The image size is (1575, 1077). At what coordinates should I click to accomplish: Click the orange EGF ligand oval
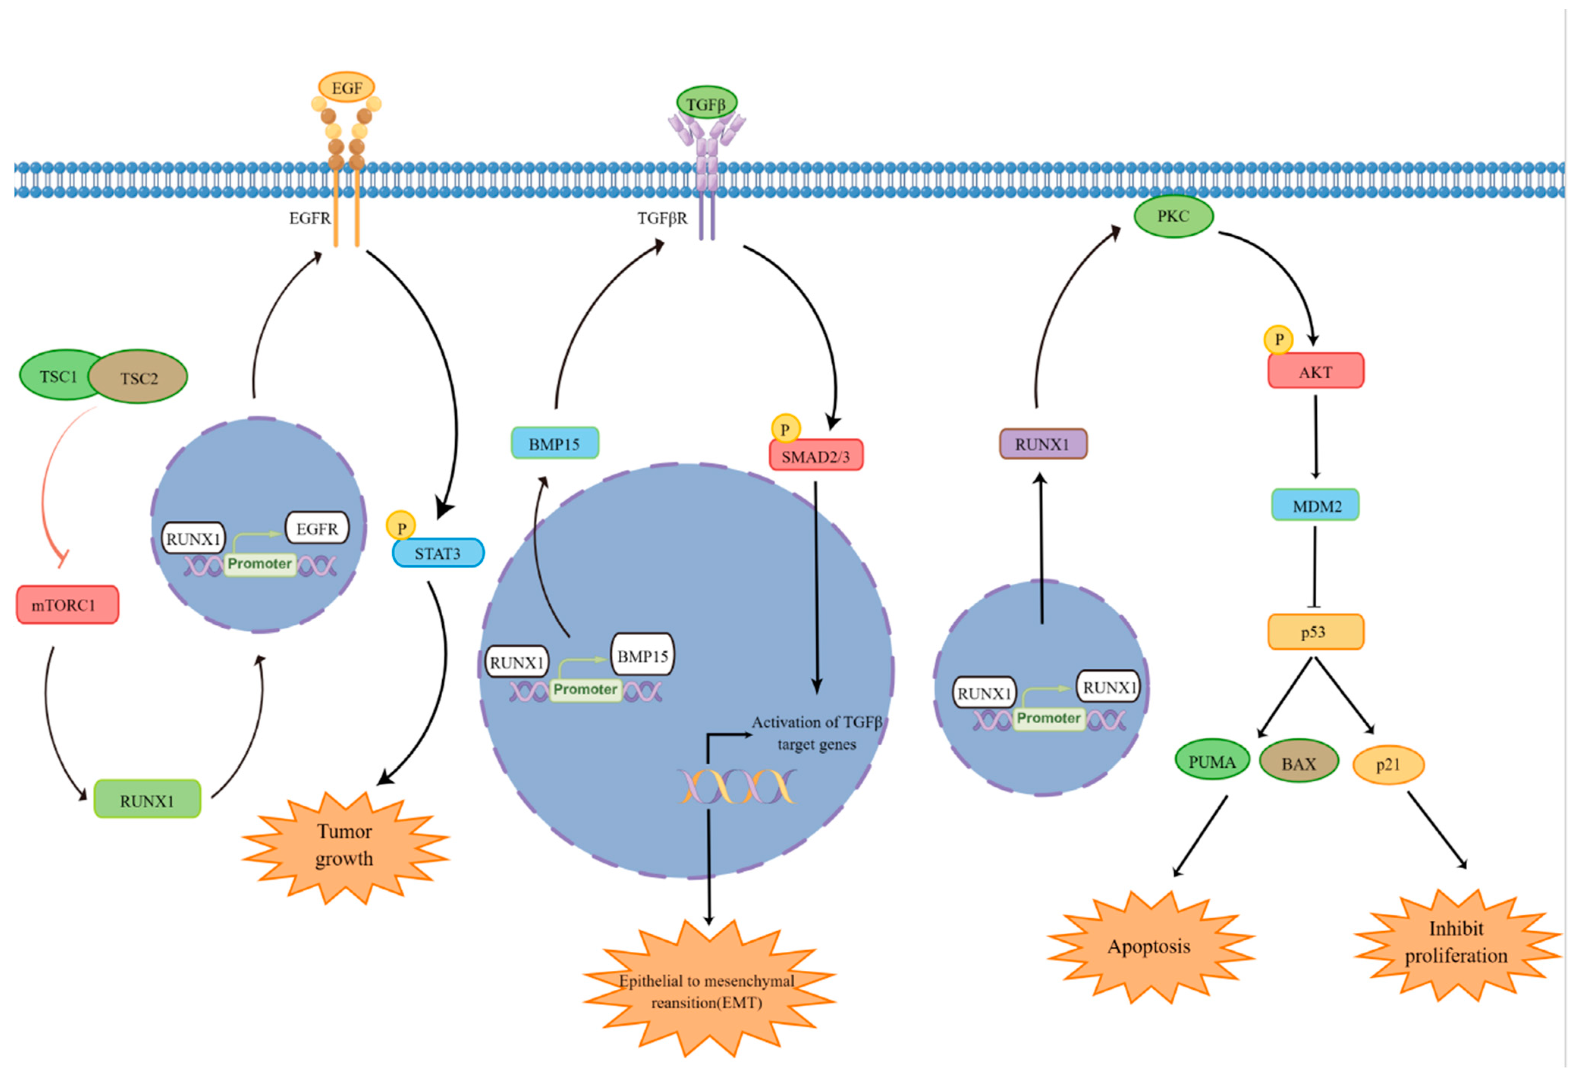point(346,87)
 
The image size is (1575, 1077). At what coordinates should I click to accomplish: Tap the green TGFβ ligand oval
point(706,104)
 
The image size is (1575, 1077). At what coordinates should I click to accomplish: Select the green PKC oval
point(1173,216)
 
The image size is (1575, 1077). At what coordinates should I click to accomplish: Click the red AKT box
point(1315,372)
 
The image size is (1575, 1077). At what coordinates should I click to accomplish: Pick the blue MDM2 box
point(1315,505)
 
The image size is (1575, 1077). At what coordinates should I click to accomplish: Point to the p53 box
point(1315,632)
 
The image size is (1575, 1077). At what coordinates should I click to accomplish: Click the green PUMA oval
point(1212,761)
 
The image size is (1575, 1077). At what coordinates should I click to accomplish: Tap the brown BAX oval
point(1298,763)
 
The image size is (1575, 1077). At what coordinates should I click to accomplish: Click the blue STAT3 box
point(438,553)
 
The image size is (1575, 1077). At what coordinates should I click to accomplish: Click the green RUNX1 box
point(147,800)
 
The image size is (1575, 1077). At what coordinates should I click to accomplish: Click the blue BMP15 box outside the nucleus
point(554,443)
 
